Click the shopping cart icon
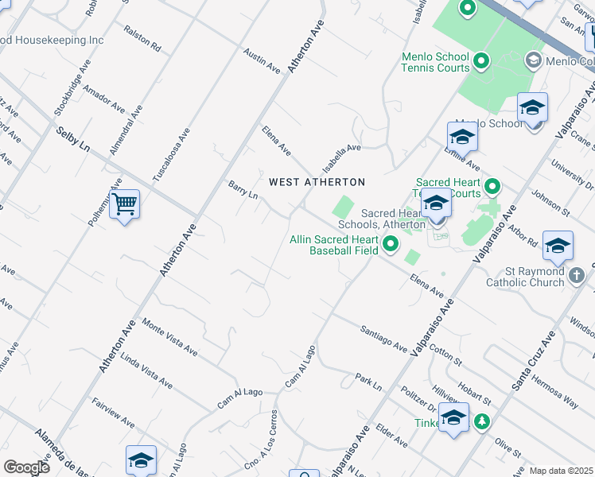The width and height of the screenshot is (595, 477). (x=124, y=205)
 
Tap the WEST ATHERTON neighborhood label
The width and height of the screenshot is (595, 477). (x=317, y=182)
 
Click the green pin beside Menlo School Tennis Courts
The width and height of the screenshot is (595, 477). (x=481, y=60)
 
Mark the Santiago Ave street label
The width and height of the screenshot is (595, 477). (x=383, y=339)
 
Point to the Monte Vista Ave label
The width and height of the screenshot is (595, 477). (x=169, y=336)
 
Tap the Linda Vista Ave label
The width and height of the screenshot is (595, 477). (x=146, y=370)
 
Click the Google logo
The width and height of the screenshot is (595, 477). (x=26, y=467)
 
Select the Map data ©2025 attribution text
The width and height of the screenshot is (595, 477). (x=561, y=471)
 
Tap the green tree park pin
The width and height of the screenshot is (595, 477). (x=481, y=421)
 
